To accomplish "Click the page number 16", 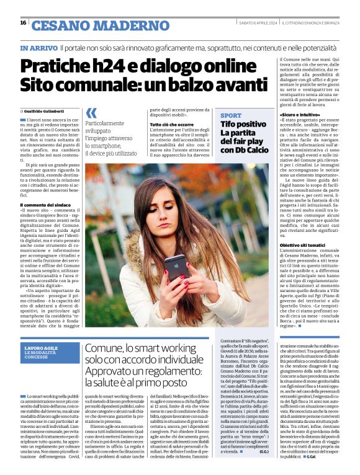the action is point(23,23).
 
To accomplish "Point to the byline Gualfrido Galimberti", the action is point(47,110).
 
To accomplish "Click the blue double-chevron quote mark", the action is point(91,113).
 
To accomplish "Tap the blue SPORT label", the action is point(231,116).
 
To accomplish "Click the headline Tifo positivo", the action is point(243,125).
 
